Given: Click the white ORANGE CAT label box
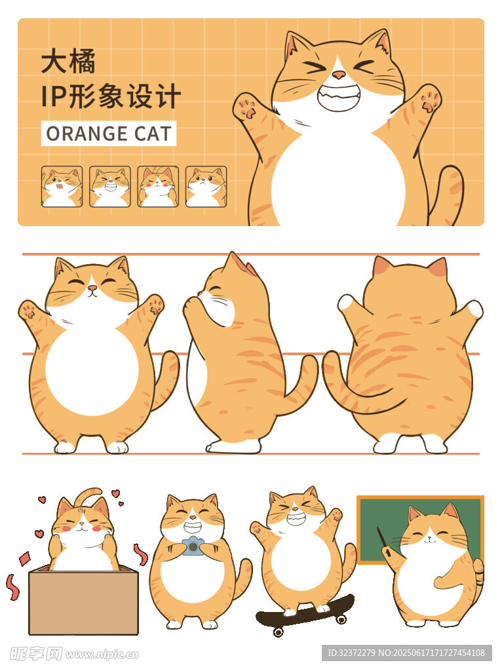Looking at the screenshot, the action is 109,134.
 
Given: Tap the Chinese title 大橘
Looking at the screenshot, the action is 68,62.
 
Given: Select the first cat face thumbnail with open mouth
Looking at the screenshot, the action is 62,187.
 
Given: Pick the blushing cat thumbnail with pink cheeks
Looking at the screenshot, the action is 158,187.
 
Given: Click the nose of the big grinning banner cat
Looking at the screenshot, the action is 339,75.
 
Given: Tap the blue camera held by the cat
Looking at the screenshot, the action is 193,546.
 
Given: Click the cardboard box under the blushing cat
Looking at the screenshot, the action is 83,600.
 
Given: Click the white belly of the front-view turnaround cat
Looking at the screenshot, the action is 92,368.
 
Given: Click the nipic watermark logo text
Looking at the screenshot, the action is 73,654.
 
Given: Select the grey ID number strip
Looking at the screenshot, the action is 406,653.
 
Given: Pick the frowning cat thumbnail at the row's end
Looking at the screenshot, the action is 206,187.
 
